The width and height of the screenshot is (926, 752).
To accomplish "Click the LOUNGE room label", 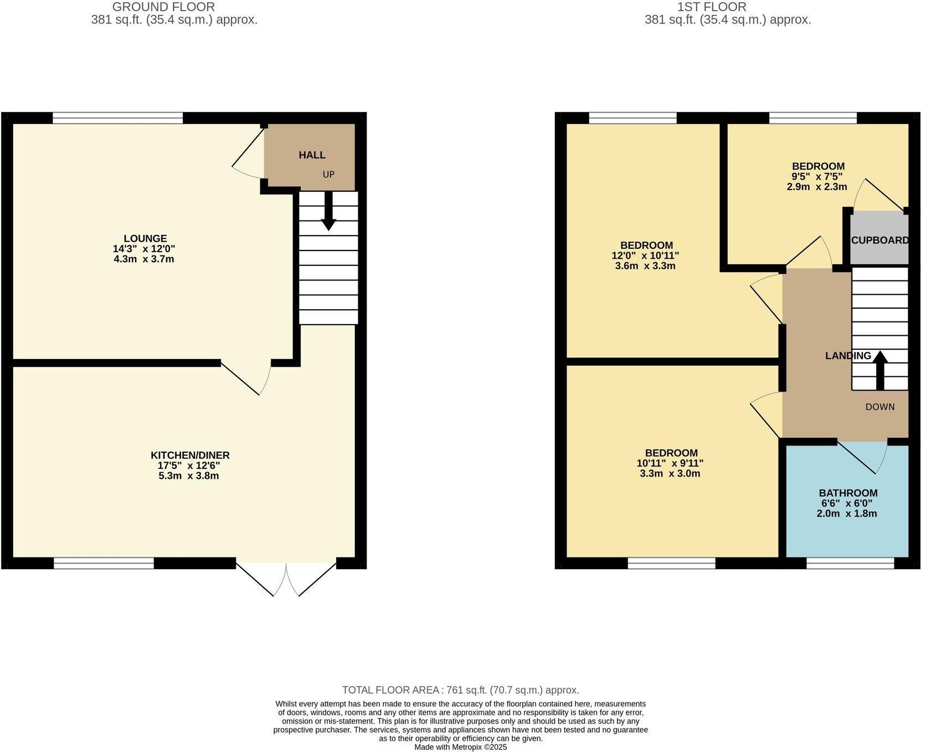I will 145,239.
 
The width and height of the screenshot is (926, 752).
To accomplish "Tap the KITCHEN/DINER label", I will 190,456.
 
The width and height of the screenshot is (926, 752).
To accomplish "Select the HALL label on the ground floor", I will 312,155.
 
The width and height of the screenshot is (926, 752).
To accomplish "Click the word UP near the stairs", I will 328,175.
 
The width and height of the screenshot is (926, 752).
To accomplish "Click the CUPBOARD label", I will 879,241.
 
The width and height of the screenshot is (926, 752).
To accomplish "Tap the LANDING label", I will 848,356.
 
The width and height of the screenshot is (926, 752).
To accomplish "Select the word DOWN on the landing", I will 879,407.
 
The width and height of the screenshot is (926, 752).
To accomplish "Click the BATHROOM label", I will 848,493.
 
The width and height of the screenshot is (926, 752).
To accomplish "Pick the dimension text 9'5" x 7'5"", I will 817,177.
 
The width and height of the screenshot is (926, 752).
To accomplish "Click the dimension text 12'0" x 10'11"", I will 646,255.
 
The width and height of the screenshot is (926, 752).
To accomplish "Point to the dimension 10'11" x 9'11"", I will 670,463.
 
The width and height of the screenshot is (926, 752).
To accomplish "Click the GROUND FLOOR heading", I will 163,7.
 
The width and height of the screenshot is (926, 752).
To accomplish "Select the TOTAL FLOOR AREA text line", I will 460,690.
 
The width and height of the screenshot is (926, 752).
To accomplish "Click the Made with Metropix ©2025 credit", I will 460,747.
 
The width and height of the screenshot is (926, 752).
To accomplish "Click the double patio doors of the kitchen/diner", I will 286,579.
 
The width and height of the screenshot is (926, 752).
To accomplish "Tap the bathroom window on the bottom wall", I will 850,564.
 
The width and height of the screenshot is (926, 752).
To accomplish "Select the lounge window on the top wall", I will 117,117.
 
